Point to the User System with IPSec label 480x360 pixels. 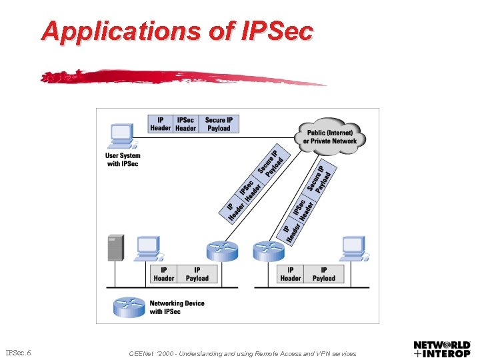[x=123, y=160]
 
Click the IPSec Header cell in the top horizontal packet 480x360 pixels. [x=185, y=124]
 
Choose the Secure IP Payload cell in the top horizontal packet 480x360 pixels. [x=219, y=124]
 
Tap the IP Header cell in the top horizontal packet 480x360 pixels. [x=160, y=124]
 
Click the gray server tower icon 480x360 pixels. [x=115, y=247]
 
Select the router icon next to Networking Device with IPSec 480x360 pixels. [x=129, y=307]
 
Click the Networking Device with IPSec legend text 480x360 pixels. [x=177, y=307]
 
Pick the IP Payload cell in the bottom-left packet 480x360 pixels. [x=197, y=274]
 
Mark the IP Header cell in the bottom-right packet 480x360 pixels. [x=291, y=274]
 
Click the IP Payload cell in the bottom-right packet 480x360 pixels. [x=324, y=274]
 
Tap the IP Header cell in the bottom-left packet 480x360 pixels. [x=164, y=274]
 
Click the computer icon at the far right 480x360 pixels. [x=353, y=248]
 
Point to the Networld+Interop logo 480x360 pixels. [x=442, y=349]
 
